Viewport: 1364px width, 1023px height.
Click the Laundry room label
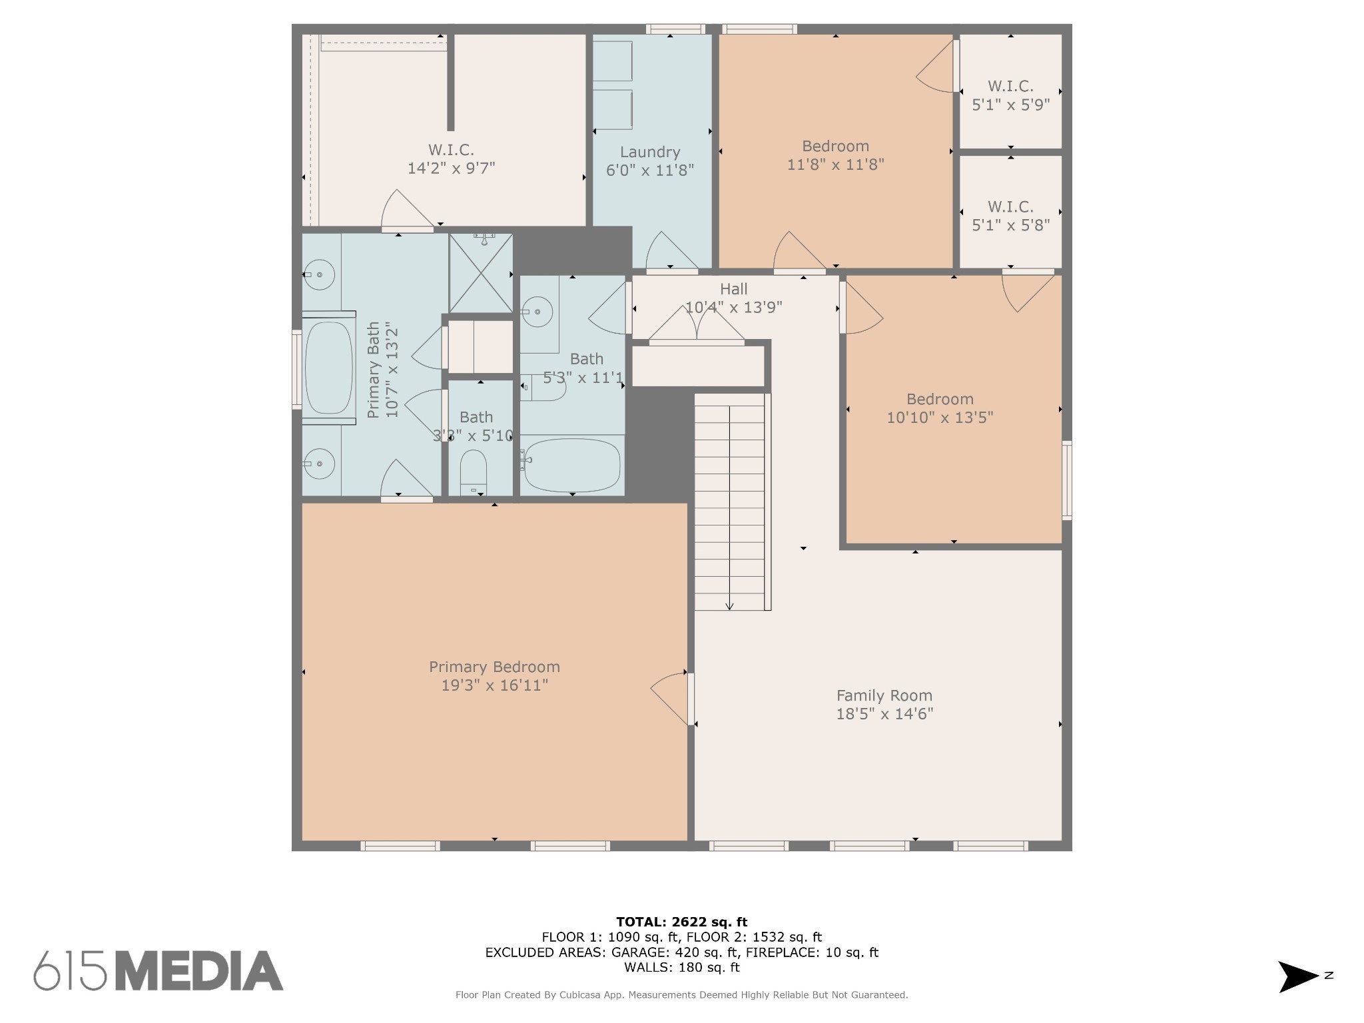point(649,152)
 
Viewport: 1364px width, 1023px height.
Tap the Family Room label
point(884,695)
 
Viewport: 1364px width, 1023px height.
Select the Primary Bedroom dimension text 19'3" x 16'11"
point(495,685)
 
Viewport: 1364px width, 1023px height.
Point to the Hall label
point(733,289)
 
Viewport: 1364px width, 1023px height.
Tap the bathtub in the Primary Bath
point(328,368)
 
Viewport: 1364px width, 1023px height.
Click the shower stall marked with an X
point(481,273)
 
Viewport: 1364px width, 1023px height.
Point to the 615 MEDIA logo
point(159,970)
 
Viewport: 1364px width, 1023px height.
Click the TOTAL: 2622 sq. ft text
point(682,922)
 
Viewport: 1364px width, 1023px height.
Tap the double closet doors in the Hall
point(697,325)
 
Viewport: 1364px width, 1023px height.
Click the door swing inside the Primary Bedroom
point(669,699)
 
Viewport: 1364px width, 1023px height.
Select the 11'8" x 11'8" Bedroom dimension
point(836,164)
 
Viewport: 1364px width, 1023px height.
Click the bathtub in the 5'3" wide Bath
point(573,464)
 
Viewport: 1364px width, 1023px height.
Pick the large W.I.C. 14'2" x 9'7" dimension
point(452,168)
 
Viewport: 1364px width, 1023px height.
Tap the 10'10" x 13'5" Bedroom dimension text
point(940,418)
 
